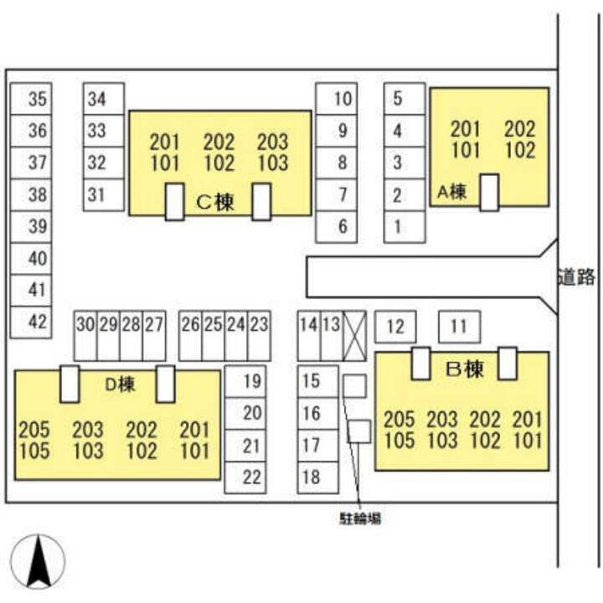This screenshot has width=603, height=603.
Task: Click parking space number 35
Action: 31,99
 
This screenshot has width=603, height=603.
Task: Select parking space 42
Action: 31,322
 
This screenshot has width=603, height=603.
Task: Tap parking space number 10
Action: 337,99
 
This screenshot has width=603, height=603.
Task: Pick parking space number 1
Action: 405,227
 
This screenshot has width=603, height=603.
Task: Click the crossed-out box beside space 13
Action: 354,336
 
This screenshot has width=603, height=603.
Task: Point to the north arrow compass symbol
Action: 38,562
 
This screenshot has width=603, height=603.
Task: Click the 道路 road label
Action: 577,276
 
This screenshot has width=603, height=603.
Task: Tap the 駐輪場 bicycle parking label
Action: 360,518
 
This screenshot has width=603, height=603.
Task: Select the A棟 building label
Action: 452,192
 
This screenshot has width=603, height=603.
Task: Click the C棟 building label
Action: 215,202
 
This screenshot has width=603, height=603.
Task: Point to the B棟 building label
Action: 464,369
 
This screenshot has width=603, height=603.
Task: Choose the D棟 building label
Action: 120,384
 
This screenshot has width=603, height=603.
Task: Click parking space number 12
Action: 395,327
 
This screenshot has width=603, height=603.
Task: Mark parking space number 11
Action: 459,327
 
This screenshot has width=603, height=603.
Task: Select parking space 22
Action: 245,477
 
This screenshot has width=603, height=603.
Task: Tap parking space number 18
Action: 318,477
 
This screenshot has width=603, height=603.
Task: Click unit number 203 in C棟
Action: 273,142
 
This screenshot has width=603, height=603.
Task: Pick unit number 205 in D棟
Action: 34,430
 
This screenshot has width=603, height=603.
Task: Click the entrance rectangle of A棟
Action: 489,193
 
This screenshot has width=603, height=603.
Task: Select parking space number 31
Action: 104,195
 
